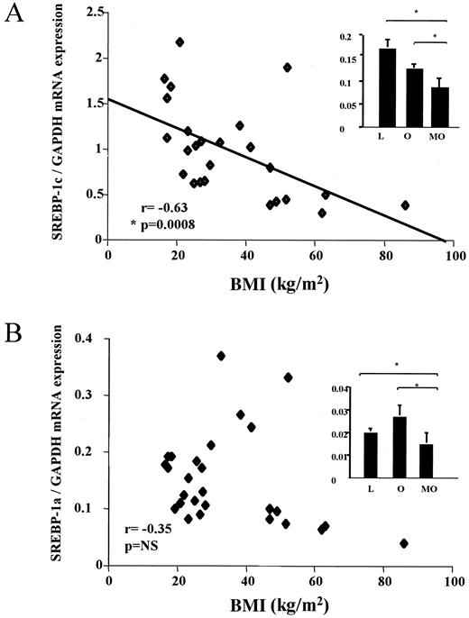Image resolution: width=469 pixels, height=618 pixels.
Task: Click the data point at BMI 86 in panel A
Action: (x=405, y=205)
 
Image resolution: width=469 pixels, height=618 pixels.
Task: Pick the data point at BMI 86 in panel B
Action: (x=404, y=543)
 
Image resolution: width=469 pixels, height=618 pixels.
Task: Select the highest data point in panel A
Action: (x=179, y=42)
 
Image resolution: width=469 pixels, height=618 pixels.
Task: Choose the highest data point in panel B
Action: (x=221, y=356)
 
